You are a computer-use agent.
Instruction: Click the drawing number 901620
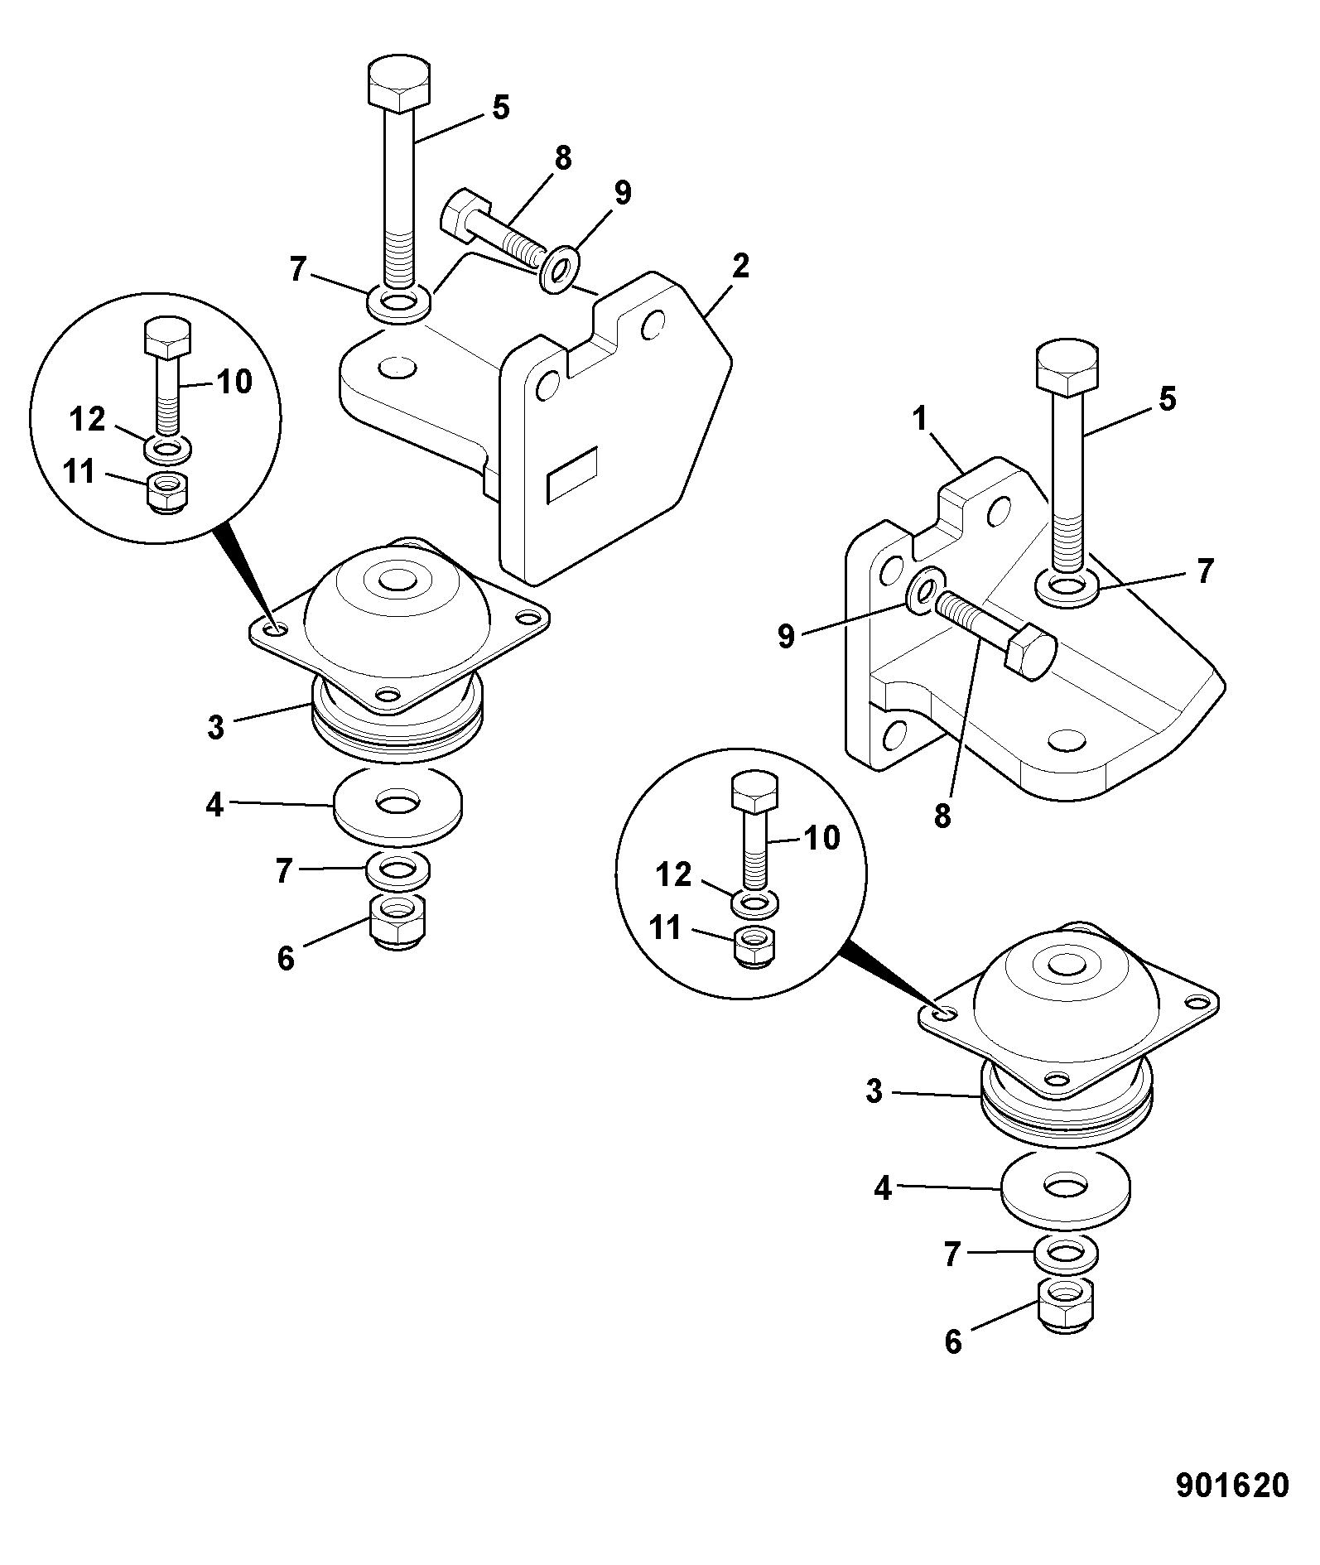click(x=1232, y=1486)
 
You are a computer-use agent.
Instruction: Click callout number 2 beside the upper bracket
click(x=739, y=267)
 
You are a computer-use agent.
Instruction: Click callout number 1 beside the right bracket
click(x=920, y=421)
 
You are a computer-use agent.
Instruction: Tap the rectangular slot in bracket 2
click(x=571, y=475)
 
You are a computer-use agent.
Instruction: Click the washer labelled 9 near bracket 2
click(x=560, y=267)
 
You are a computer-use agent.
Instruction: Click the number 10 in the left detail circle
click(x=234, y=382)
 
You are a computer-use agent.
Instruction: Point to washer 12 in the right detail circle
click(x=754, y=902)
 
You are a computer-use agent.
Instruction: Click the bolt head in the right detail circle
click(x=754, y=793)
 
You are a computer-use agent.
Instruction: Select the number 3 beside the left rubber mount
click(x=215, y=728)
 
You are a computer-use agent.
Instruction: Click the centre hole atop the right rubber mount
click(x=1066, y=964)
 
